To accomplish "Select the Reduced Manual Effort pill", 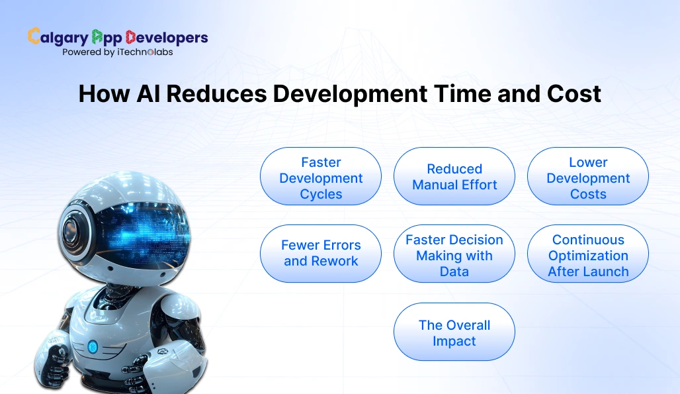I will (x=454, y=176).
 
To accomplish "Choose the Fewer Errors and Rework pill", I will (x=321, y=254).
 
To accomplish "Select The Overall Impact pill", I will (x=454, y=332).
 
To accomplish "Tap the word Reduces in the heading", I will (x=216, y=94).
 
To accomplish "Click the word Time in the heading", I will (x=460, y=94).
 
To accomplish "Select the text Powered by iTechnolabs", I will (x=117, y=52).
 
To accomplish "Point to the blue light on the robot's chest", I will (x=93, y=346).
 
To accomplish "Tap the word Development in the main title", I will (x=349, y=94).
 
